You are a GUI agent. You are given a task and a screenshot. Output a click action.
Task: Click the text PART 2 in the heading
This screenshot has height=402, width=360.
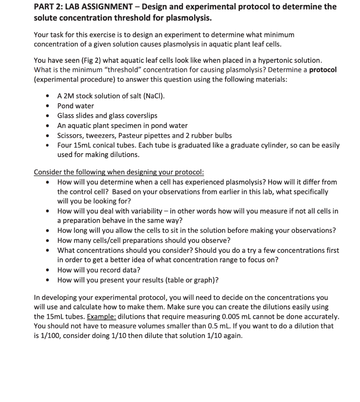(x=46, y=7)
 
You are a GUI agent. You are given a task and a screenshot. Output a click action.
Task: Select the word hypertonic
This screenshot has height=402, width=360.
(x=276, y=60)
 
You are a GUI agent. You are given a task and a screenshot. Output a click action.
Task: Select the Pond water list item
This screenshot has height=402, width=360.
(x=75, y=106)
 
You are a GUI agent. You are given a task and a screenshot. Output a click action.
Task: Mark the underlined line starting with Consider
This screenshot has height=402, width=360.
(x=119, y=172)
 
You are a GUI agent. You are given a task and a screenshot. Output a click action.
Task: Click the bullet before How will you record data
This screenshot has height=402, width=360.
(x=48, y=270)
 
